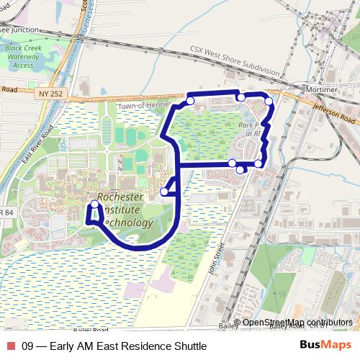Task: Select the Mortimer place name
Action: coord(321,89)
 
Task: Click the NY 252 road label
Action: coord(52,94)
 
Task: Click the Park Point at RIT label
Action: coord(253,129)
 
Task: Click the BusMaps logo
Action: coord(325,345)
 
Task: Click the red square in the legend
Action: coord(10,346)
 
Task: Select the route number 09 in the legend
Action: coord(28,346)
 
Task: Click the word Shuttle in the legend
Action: coord(189,346)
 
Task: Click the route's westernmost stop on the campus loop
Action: coord(94,205)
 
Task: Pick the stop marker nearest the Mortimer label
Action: coord(269,102)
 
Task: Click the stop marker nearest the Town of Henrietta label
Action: coord(190,101)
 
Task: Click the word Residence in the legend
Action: coord(144,346)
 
